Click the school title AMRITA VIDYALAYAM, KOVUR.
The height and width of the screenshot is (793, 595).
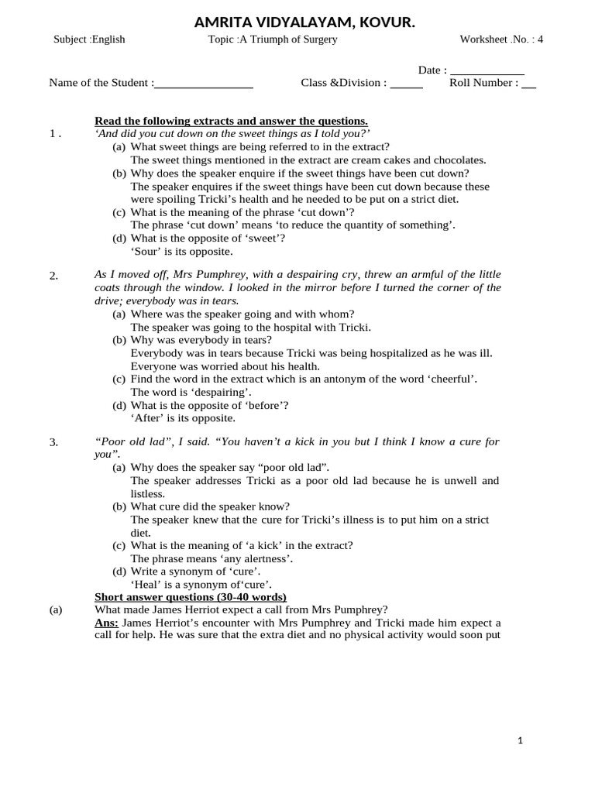(x=304, y=24)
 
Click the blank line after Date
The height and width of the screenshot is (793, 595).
(x=487, y=71)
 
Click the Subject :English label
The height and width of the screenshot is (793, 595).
(x=89, y=39)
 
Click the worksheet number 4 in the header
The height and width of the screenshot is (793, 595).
(x=540, y=39)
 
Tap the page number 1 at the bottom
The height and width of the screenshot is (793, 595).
(x=521, y=741)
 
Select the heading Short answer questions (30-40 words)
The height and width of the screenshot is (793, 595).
(x=190, y=597)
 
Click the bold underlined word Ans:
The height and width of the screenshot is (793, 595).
(x=106, y=623)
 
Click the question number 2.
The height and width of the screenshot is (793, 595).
(x=53, y=276)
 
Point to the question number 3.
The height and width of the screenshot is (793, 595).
(x=53, y=442)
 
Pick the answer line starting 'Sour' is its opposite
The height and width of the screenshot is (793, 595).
(x=181, y=251)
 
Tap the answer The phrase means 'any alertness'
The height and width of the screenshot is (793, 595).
(x=212, y=558)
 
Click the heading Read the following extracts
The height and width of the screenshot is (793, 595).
(x=231, y=121)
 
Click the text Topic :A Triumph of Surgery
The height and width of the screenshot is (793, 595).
(x=273, y=39)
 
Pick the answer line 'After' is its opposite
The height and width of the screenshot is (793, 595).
(x=183, y=418)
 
